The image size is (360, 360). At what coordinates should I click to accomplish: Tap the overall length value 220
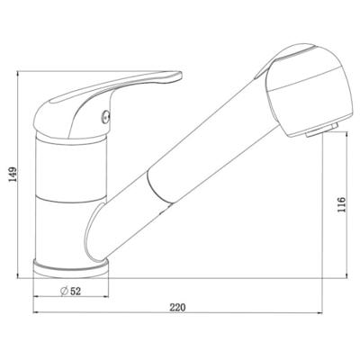point(176,309)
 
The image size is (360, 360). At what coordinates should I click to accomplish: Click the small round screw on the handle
point(105,115)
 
